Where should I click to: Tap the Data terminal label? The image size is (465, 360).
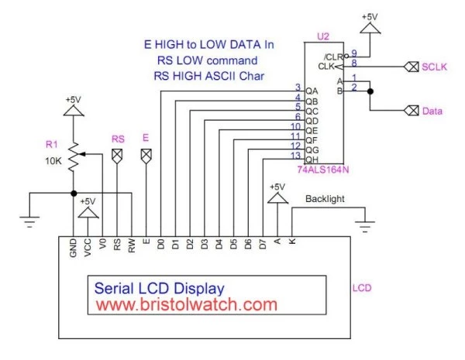click(x=432, y=111)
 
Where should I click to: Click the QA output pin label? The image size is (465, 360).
click(x=312, y=91)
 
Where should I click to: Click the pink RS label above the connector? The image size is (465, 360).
click(x=118, y=139)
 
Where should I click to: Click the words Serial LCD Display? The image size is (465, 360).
click(x=159, y=287)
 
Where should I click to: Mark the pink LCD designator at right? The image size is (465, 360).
click(x=361, y=288)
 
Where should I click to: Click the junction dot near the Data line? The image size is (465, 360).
click(x=370, y=91)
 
